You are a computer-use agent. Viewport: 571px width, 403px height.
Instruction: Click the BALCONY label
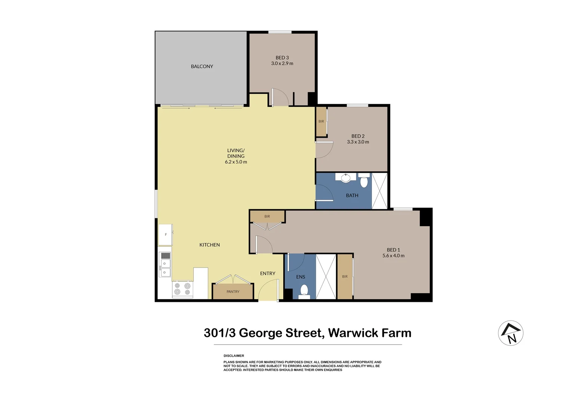tap(202, 66)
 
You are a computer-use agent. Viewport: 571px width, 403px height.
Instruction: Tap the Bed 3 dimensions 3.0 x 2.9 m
tap(282, 63)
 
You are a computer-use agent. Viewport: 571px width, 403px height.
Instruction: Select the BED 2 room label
tap(358, 136)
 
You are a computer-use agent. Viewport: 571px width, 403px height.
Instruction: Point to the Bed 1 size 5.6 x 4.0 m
tap(393, 256)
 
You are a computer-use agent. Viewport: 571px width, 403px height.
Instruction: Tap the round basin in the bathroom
tap(346, 178)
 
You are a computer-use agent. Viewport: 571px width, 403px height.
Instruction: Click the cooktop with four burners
tap(182, 289)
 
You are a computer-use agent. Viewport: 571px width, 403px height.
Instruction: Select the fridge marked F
tap(166, 234)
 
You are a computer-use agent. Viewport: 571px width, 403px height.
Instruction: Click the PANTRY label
tap(233, 291)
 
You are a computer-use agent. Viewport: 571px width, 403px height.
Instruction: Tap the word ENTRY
tap(268, 274)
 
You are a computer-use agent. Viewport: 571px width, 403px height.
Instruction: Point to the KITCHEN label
tap(210, 245)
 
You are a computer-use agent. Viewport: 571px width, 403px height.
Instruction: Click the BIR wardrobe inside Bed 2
tap(321, 121)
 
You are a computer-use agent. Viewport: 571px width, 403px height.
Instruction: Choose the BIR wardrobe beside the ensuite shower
tap(345, 277)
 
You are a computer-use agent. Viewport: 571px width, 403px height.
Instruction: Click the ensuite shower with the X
tap(326, 277)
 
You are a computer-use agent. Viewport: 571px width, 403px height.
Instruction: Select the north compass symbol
tap(510, 333)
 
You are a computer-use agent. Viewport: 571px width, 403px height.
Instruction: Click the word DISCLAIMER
tap(234, 356)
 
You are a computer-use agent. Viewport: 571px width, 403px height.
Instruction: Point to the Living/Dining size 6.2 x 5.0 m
tap(236, 162)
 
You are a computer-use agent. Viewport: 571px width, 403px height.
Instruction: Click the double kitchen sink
tap(165, 268)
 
